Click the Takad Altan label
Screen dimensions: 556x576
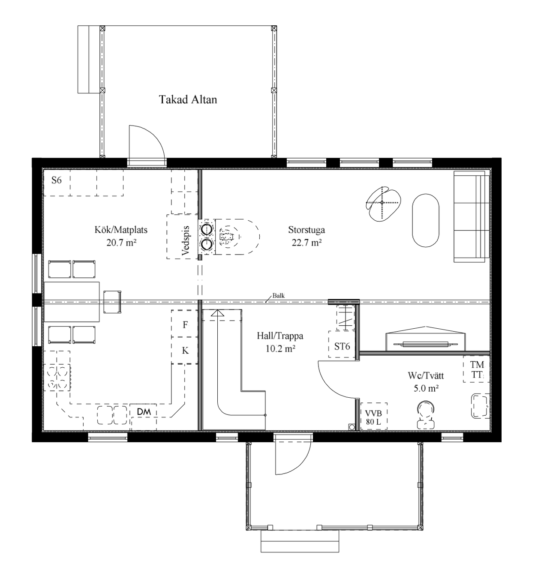coord(188,99)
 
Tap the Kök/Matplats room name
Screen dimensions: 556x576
coord(121,229)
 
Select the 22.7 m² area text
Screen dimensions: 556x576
coord(307,243)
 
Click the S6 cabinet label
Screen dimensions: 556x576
coord(56,180)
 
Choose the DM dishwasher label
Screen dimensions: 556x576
coord(144,411)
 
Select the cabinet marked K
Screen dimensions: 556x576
coord(184,350)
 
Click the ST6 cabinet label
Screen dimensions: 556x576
coord(342,346)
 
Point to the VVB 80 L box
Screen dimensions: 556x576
coord(374,416)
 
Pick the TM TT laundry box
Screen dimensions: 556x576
coord(476,369)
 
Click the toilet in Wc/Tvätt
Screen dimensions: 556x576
coord(425,414)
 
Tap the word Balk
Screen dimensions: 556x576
coord(278,295)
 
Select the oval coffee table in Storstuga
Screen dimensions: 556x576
coord(425,220)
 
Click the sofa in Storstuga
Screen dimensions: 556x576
coord(471,216)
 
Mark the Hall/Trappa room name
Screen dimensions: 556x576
coord(280,336)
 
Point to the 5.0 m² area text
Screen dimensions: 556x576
coord(426,388)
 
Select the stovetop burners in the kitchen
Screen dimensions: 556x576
coord(59,378)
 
